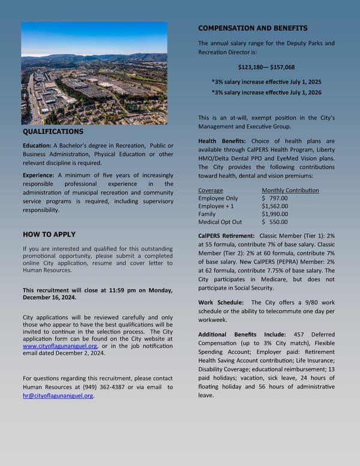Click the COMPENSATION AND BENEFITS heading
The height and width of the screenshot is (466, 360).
point(253,28)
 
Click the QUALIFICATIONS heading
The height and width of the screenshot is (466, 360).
point(53,132)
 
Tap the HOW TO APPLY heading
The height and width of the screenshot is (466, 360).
point(49,234)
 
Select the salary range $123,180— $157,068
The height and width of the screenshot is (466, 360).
point(266,67)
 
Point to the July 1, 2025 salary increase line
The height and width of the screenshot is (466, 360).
point(266,81)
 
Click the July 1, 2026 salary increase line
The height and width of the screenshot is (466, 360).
point(266,92)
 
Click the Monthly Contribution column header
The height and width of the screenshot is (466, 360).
point(290,190)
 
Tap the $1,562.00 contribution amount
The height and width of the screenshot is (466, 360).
point(275,206)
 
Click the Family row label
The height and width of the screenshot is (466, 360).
point(207,214)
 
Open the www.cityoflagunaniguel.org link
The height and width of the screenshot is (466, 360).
point(60,346)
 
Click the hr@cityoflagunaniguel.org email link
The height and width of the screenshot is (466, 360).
point(58,396)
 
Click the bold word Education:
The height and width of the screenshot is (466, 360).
point(37,146)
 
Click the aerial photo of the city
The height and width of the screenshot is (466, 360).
point(94,73)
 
